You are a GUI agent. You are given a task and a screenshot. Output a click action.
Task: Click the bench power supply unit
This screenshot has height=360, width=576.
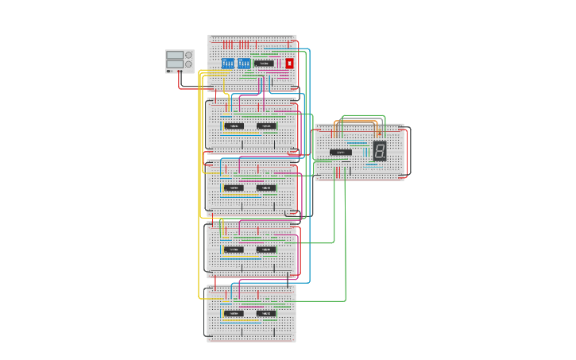coord(180,60)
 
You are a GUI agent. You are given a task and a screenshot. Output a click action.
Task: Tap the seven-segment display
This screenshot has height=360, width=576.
coord(380,151)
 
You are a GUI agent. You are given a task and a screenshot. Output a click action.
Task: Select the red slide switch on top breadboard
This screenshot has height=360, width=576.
coord(289,63)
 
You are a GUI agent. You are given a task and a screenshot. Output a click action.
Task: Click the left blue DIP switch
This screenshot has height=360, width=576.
coord(228,63)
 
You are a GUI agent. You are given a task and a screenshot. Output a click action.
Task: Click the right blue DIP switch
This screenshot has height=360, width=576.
coord(244,63)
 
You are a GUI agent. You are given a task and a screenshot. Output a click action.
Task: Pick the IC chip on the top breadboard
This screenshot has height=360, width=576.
coord(265,63)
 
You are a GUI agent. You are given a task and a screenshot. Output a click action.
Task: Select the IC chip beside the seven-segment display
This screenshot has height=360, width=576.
coord(341,152)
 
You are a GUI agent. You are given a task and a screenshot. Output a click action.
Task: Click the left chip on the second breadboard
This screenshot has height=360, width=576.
coord(234,126)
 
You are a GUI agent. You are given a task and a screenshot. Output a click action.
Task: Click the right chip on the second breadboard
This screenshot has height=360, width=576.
coord(266,126)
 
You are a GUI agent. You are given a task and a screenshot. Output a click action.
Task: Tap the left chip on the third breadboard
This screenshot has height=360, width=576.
coord(234,188)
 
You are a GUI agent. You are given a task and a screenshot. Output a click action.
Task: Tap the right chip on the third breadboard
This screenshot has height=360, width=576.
coord(266,188)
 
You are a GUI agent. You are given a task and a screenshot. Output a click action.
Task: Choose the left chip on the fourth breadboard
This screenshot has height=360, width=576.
coord(234,249)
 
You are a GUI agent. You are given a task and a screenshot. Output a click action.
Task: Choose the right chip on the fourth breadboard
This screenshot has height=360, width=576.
coord(266,249)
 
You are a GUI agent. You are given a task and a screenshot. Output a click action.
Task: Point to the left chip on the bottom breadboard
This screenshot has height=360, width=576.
coord(234,313)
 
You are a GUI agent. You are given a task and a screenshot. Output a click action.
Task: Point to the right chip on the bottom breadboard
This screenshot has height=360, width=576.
coord(266,313)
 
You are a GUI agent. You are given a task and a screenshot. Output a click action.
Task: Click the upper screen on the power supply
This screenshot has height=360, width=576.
coord(175,55)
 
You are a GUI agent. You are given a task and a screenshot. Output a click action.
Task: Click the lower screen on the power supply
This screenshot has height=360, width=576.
coord(175,64)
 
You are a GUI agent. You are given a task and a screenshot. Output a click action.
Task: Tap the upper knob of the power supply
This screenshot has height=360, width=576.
coord(188,55)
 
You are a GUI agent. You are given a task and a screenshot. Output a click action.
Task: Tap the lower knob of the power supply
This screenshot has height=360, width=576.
coord(188,64)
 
